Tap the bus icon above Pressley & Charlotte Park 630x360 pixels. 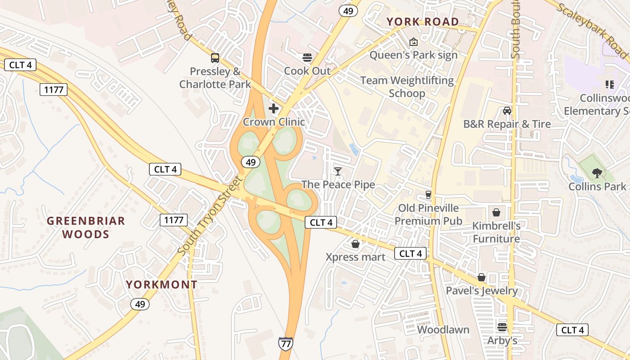215,58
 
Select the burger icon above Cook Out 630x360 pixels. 307,57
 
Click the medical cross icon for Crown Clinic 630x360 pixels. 274,108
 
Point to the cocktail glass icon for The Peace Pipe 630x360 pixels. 338,171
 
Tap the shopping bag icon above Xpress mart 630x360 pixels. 355,244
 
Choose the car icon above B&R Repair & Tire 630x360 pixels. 507,111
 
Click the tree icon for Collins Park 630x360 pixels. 597,173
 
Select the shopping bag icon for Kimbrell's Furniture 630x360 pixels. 496,212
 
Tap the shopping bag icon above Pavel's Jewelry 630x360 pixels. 481,277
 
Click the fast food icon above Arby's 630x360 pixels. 502,327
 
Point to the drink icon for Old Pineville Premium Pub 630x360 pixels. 428,195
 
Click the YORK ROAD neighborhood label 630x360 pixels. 423,22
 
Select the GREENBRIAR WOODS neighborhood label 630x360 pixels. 86,227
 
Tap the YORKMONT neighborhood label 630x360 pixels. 162,284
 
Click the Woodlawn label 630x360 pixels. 443,330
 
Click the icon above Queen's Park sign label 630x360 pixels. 413,42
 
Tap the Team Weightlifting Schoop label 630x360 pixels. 407,87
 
